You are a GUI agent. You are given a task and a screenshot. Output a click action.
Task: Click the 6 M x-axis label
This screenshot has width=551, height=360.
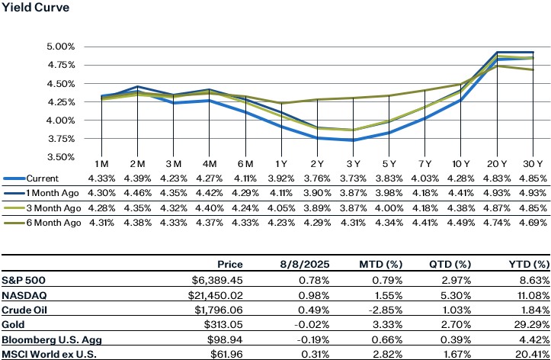point(245,165)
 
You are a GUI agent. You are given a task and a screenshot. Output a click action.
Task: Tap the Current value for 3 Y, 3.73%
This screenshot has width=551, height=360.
point(353,178)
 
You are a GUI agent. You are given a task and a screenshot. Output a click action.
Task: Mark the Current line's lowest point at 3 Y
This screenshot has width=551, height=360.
point(353,140)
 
